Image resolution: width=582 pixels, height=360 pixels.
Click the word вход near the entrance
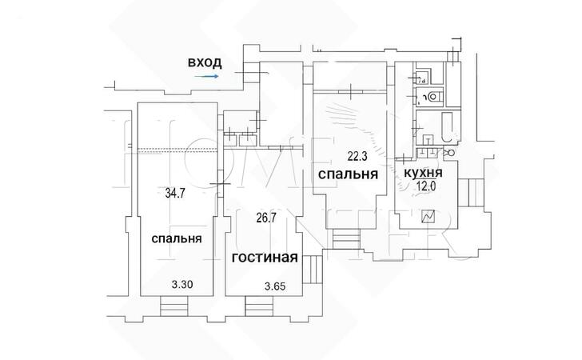point(204,62)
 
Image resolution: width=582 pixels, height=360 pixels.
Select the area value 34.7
point(175,193)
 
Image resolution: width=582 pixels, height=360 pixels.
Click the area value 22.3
point(353,157)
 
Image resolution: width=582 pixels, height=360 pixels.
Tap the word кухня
point(425,174)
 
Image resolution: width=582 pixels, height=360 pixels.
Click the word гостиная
point(265,258)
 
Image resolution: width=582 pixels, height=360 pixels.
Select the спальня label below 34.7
point(176,238)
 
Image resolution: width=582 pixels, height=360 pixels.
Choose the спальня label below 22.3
point(348,174)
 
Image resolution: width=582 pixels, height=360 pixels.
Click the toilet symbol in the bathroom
point(434,97)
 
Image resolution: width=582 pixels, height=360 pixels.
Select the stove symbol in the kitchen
point(428,216)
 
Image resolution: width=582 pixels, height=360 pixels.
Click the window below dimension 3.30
point(174,306)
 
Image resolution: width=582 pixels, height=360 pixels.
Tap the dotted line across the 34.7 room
point(175,150)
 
